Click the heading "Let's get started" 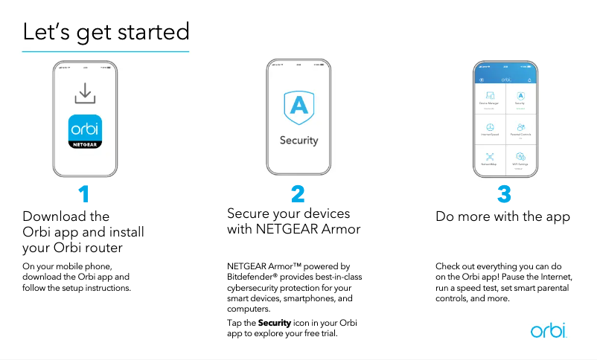tap(106, 32)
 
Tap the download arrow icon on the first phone tap(86, 94)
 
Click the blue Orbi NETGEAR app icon tap(86, 132)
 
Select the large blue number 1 tap(84, 195)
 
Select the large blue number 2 tap(298, 195)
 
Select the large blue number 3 tap(504, 195)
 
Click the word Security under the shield tap(298, 140)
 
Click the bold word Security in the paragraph tap(274, 323)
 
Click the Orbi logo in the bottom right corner tap(548, 330)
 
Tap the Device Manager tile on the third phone tap(489, 98)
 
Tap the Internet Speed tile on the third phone tap(489, 129)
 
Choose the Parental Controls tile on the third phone tap(520, 129)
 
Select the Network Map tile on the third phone tap(489, 159)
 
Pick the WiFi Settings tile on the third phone tap(520, 159)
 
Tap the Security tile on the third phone tap(520, 98)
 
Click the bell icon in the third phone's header tap(529, 79)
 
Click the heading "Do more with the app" tap(502, 217)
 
